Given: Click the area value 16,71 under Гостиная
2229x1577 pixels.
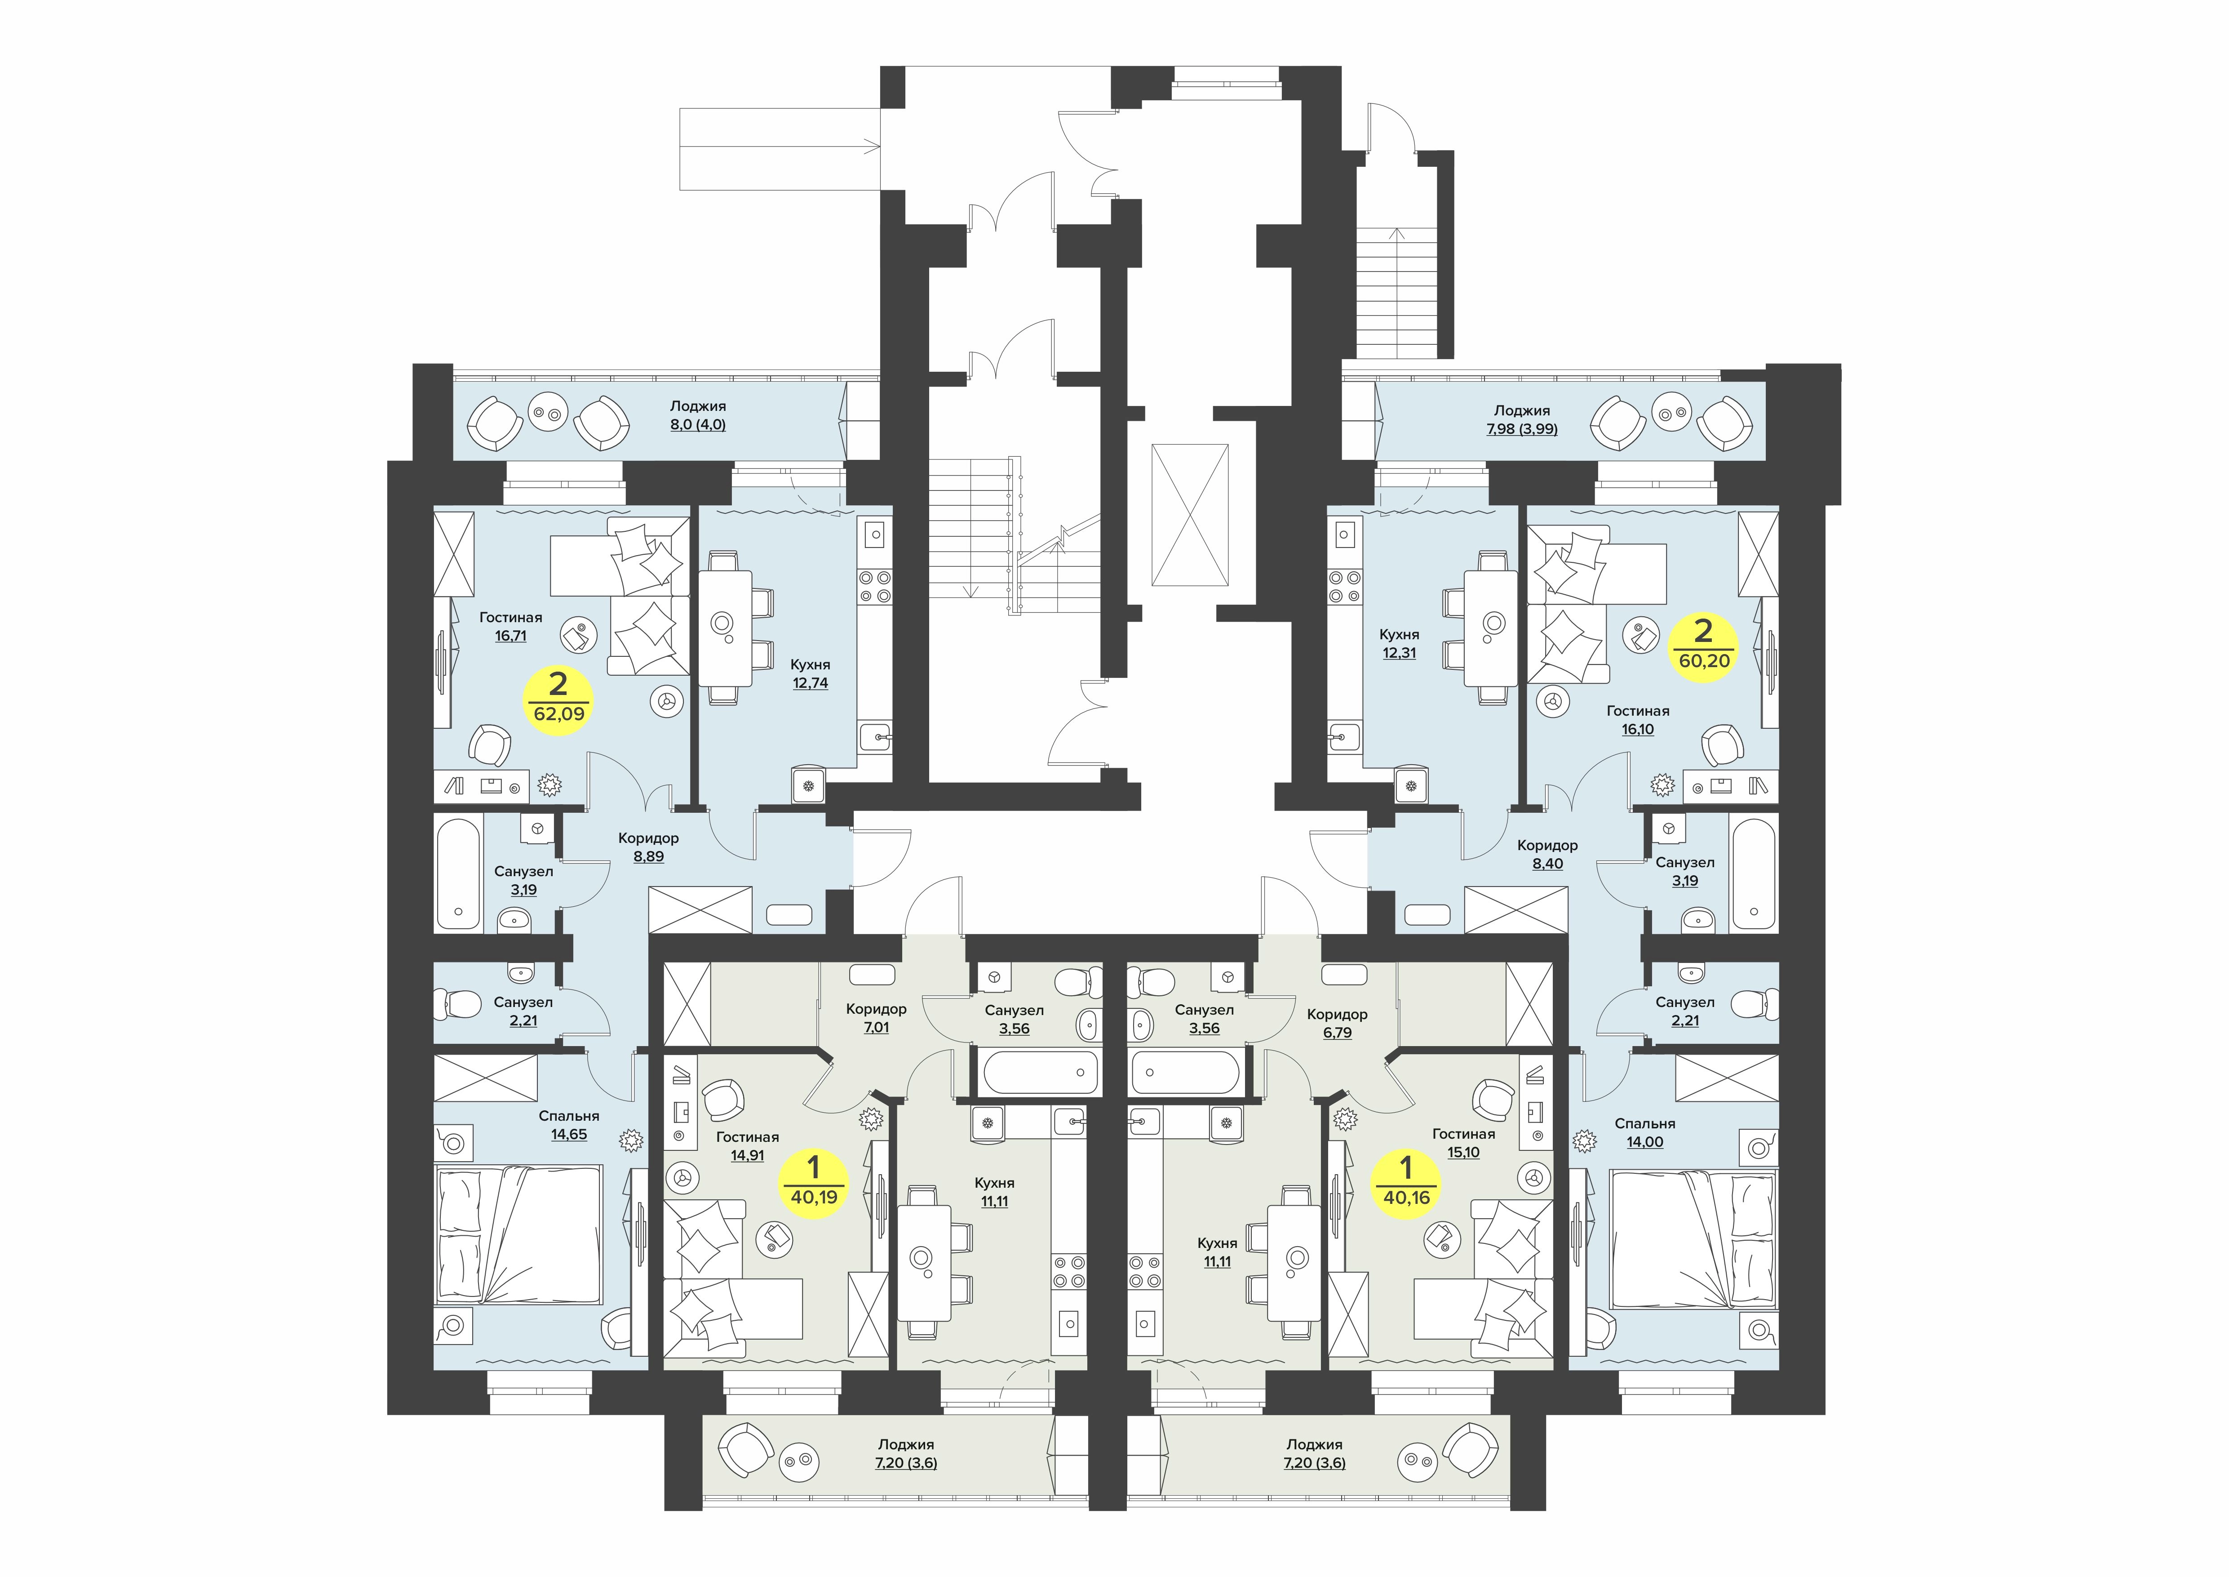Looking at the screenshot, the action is [511, 636].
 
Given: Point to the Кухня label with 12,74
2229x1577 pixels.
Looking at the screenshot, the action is [810, 665].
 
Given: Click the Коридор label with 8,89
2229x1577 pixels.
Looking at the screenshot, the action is [648, 838].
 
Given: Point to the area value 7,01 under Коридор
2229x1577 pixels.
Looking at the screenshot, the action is [876, 1027].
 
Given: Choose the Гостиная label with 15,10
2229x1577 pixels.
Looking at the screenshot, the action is [1463, 1134].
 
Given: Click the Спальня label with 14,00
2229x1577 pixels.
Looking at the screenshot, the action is [1644, 1123].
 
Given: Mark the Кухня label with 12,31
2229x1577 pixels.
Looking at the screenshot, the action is [1399, 635].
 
